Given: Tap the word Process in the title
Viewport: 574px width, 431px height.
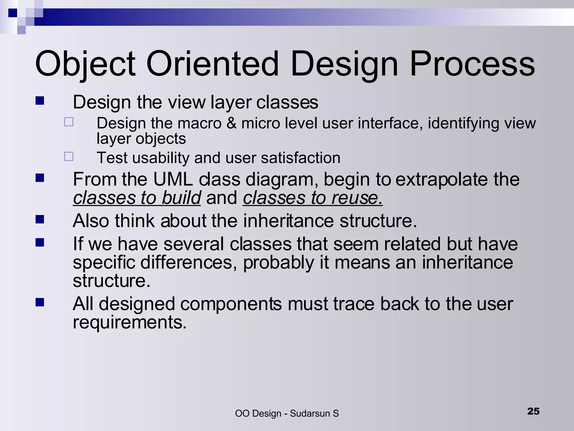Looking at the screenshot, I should (x=472, y=64).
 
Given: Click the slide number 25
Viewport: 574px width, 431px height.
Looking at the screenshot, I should (x=533, y=411).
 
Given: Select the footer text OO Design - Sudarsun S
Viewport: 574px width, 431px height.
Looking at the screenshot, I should (x=287, y=413).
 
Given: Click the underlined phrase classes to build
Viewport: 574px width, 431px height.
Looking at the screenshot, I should (x=137, y=198).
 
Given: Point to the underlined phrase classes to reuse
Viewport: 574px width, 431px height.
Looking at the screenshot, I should (x=313, y=198).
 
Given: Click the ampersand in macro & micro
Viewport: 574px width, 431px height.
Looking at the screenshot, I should (x=232, y=123).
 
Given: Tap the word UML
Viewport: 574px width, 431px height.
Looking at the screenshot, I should (x=173, y=179).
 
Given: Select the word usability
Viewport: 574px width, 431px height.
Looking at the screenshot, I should (x=161, y=158).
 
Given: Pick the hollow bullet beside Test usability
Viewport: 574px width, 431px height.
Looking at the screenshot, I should (x=69, y=156).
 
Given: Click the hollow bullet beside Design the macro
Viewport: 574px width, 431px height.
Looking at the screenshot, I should (x=69, y=122).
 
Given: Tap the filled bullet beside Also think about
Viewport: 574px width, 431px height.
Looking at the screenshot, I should (x=40, y=219).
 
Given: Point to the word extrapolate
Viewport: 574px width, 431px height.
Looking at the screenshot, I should (x=442, y=179).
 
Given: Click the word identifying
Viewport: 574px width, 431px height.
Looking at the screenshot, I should (x=463, y=123).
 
